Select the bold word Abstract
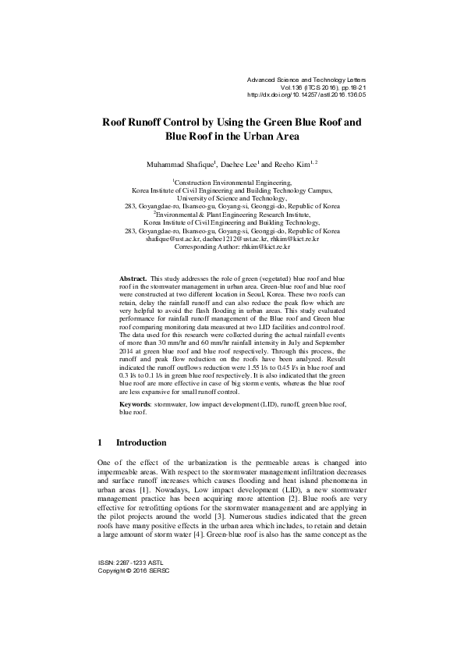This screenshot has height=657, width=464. pyautogui.click(x=133, y=278)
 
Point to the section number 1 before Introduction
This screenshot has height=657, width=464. pyautogui.click(x=100, y=442)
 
